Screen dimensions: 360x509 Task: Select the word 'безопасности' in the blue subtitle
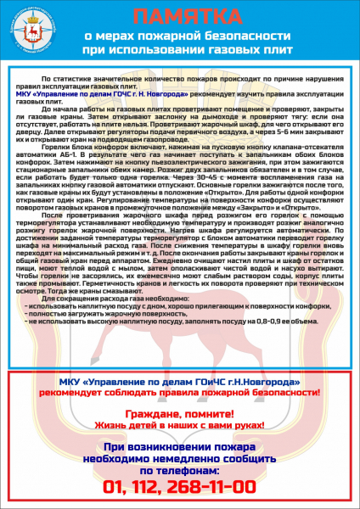(246, 37)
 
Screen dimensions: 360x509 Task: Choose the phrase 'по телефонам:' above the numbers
(179, 469)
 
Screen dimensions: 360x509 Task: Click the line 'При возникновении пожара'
(179, 445)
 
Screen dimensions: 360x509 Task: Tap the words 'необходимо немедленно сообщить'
(179, 457)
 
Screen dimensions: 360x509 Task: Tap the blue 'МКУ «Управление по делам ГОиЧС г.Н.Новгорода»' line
(179, 383)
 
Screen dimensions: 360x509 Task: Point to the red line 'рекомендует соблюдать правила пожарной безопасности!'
(179, 394)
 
